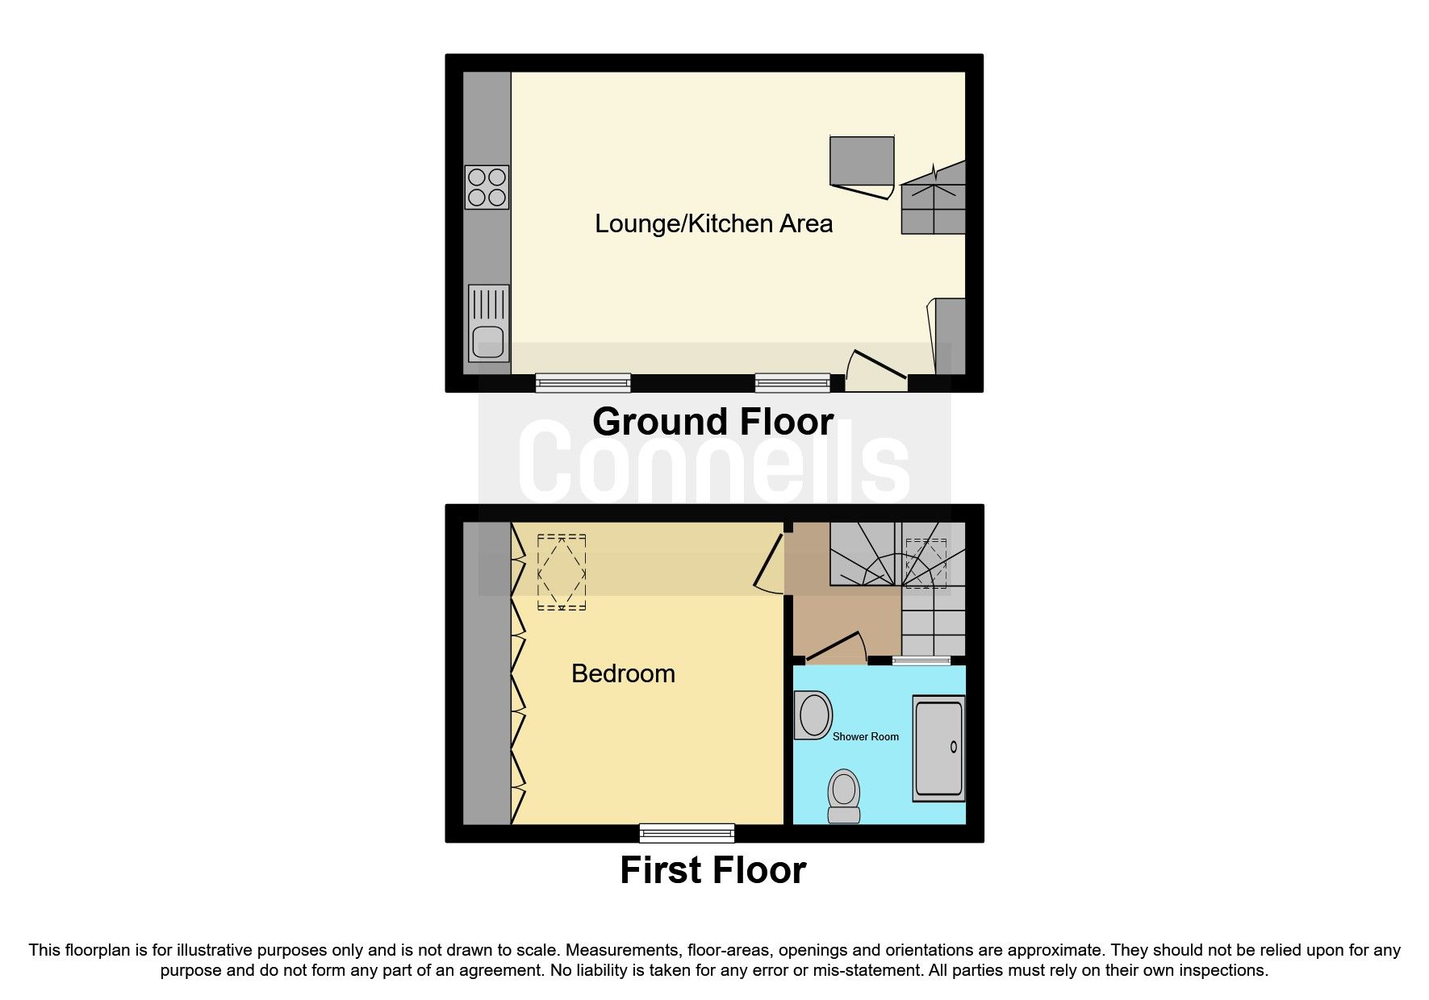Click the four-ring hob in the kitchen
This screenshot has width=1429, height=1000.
(x=487, y=187)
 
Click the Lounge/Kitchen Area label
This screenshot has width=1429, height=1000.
(x=713, y=223)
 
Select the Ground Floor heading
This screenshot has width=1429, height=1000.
(x=712, y=422)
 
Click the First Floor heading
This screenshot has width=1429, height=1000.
(x=712, y=870)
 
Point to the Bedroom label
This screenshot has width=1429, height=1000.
(x=623, y=673)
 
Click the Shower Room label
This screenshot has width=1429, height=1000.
(x=865, y=736)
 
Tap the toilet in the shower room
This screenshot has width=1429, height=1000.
(x=844, y=795)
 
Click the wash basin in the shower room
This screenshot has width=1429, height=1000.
(x=813, y=715)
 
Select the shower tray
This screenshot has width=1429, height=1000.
(x=938, y=748)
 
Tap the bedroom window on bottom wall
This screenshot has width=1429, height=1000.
(x=687, y=832)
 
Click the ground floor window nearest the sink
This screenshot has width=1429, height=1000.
(x=583, y=382)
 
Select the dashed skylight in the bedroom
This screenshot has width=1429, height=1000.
(x=561, y=572)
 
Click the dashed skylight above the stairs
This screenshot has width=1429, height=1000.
(x=926, y=563)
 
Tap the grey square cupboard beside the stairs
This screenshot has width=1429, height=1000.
(x=862, y=160)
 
